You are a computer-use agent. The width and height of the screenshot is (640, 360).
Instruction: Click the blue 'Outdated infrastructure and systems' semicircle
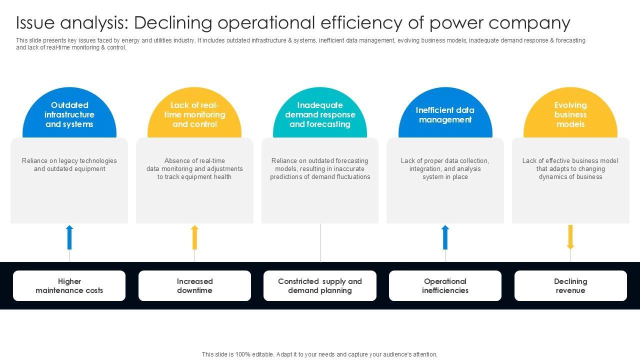(x=69, y=114)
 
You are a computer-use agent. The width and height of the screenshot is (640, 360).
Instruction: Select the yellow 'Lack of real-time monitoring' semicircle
(x=194, y=114)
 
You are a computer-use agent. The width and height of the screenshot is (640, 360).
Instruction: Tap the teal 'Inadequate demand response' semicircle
(x=320, y=114)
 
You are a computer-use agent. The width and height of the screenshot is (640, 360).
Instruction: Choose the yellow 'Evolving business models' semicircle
(x=570, y=114)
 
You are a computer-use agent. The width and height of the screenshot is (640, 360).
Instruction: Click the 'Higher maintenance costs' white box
(x=69, y=286)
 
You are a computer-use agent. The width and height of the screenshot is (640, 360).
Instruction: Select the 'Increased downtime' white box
(x=194, y=286)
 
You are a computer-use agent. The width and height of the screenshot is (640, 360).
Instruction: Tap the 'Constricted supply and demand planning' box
(x=320, y=286)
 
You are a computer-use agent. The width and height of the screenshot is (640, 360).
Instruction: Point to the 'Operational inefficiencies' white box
(x=445, y=286)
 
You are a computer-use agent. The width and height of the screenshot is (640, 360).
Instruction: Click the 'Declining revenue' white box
(x=570, y=286)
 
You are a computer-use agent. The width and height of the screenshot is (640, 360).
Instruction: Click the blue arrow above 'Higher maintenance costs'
(x=69, y=237)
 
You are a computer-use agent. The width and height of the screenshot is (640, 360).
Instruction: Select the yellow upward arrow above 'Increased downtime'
(x=194, y=237)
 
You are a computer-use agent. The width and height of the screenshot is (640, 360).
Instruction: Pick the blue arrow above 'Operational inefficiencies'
(x=445, y=237)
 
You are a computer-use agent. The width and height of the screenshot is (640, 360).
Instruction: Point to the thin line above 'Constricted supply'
(x=320, y=242)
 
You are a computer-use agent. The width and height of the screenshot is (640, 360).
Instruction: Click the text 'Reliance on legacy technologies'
(x=69, y=161)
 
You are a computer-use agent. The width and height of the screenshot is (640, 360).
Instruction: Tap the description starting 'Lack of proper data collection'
(x=445, y=168)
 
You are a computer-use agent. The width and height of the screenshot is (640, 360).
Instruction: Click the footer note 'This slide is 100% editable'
(x=319, y=354)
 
